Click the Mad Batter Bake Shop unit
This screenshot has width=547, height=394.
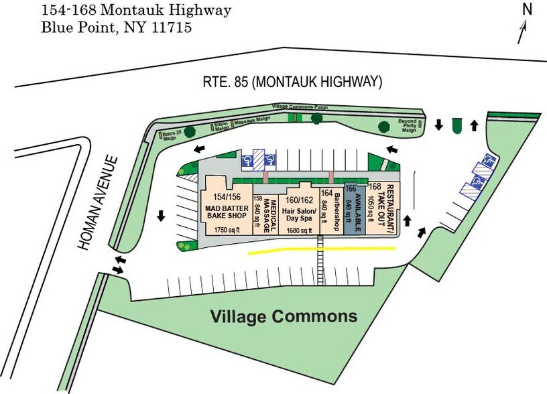226,208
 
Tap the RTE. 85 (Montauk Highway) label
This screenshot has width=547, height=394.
292,82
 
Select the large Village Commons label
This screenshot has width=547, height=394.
284,316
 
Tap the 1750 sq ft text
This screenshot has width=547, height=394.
227,230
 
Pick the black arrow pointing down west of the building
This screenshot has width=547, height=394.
162,216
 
